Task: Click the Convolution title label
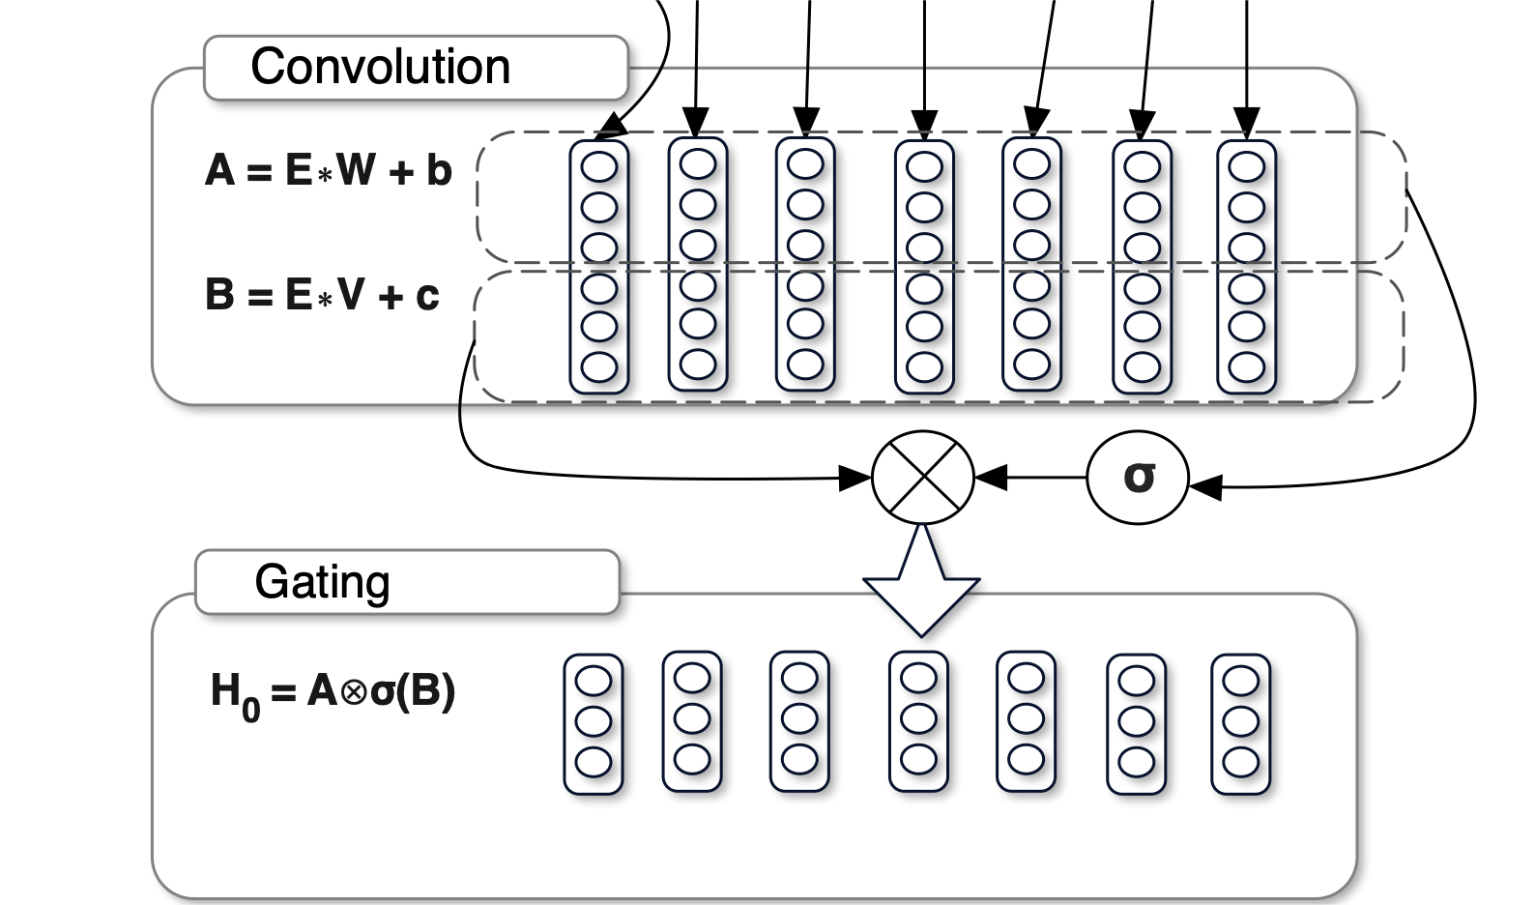click(x=380, y=68)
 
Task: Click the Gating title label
click(x=322, y=582)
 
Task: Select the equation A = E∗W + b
click(x=328, y=171)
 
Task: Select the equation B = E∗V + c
click(x=322, y=295)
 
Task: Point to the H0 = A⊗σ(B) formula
click(x=332, y=693)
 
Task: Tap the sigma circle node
click(x=1138, y=478)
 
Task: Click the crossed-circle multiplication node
click(x=923, y=478)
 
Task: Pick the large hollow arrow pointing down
click(x=921, y=586)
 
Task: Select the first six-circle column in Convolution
click(x=599, y=267)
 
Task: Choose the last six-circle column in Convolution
click(x=1246, y=267)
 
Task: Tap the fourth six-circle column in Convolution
click(x=924, y=267)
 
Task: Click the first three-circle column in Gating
click(x=594, y=723)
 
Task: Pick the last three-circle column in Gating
click(x=1240, y=723)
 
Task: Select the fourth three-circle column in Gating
click(x=918, y=721)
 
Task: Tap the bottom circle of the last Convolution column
click(x=1246, y=367)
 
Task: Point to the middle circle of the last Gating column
click(x=1240, y=722)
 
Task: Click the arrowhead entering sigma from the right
click(x=1205, y=486)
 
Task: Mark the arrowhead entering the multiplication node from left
click(x=855, y=478)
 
